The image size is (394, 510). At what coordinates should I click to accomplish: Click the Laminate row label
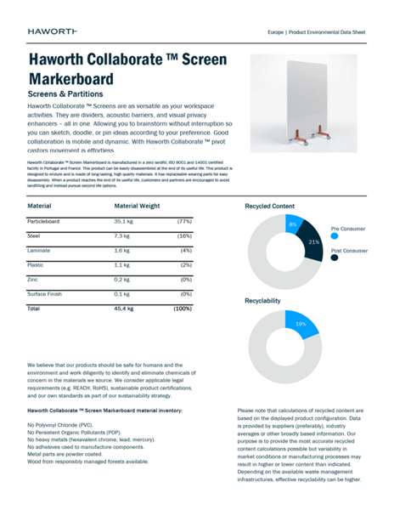pyautogui.click(x=40, y=250)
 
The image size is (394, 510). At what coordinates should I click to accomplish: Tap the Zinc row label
pyautogui.click(x=34, y=280)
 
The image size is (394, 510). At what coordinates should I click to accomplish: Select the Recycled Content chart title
pyautogui.click(x=269, y=207)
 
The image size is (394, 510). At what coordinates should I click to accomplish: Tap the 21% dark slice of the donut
pyautogui.click(x=313, y=242)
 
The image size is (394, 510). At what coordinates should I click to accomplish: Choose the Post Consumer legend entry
pyautogui.click(x=349, y=251)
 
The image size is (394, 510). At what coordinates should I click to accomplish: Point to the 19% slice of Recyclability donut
pyautogui.click(x=301, y=324)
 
